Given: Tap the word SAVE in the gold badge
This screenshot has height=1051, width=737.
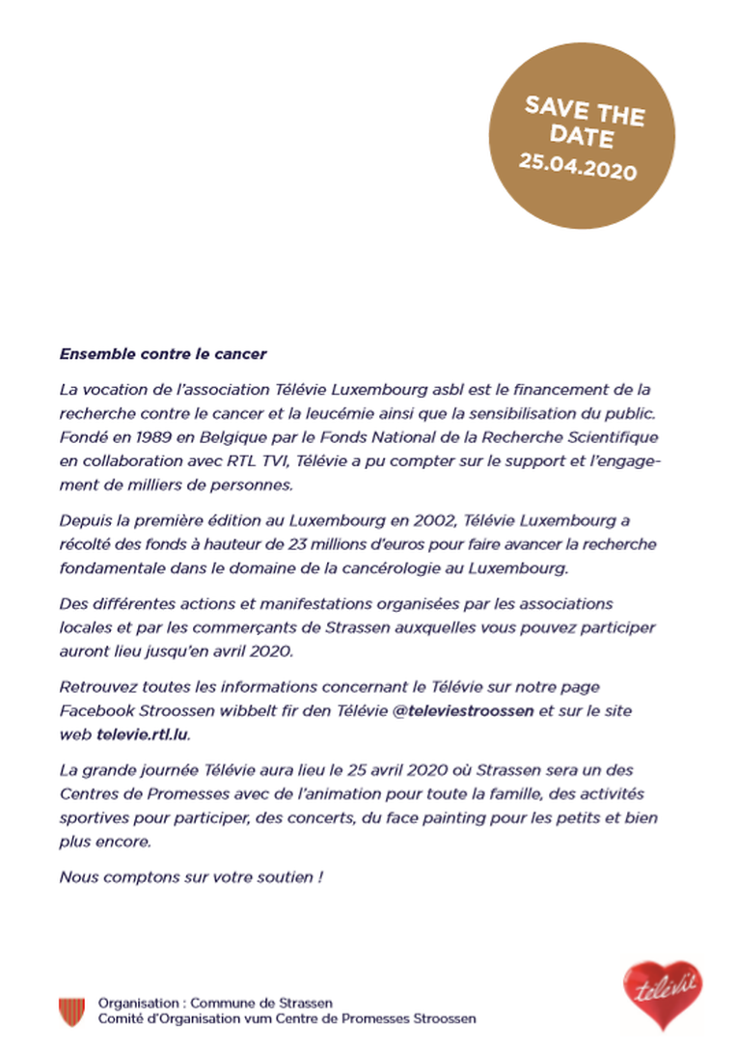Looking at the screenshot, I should (x=552, y=105).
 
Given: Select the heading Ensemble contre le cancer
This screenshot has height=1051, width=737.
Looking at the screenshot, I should (x=163, y=354).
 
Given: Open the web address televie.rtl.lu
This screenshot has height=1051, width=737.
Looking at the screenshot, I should (x=144, y=733).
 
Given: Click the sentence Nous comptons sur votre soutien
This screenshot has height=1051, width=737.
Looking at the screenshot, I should (x=191, y=877).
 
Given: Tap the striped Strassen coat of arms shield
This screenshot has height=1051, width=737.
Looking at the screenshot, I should (x=72, y=1011).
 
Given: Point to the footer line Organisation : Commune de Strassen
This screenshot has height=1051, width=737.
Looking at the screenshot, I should (x=215, y=1004).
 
